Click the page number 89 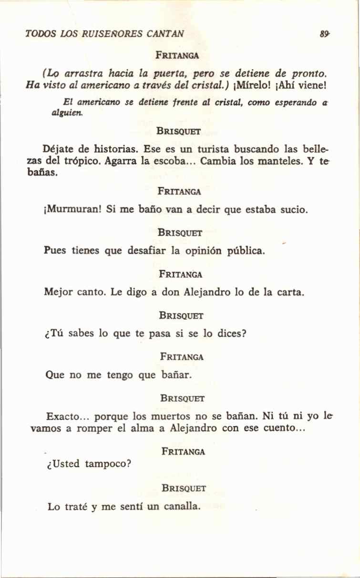[x=325, y=34]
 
